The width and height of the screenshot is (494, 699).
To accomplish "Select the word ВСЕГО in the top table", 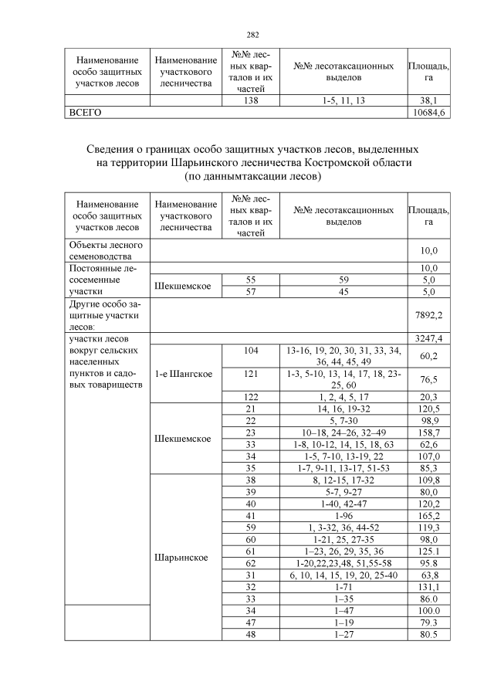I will [86, 112].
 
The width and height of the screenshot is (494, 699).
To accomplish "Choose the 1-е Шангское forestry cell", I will [184, 374].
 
